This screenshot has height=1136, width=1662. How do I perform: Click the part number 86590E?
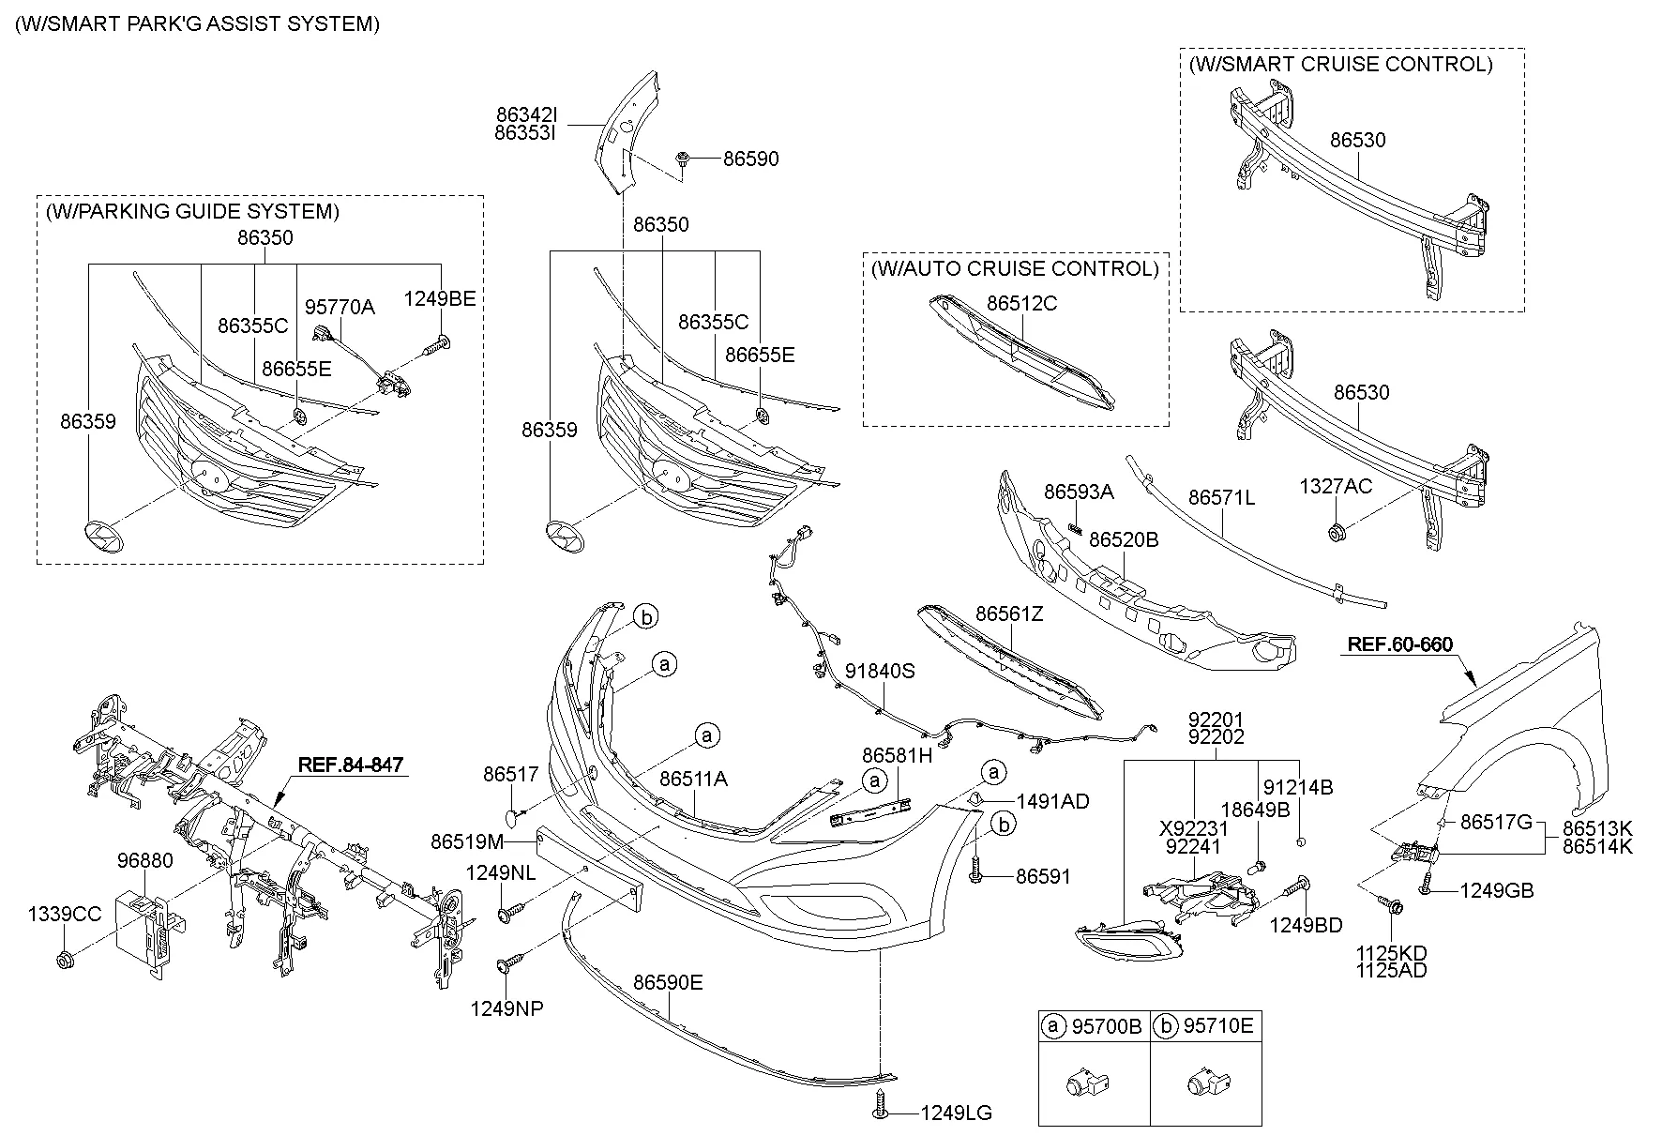tap(668, 982)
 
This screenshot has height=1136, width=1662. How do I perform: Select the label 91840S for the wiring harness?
tap(879, 672)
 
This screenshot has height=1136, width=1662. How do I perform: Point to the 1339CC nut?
tap(66, 960)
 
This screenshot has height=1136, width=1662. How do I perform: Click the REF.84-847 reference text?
tap(350, 765)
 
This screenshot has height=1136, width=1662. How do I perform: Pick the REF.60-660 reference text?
tap(1399, 644)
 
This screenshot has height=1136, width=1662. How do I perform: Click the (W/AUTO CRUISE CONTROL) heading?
tap(1015, 269)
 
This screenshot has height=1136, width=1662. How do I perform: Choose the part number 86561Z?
tap(1009, 614)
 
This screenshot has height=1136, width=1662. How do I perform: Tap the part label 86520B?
tap(1123, 540)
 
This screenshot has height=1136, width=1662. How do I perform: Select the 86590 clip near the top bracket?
tap(684, 160)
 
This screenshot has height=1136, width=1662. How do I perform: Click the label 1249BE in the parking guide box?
tap(440, 299)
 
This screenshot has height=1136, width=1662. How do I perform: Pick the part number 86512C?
tap(1021, 303)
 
